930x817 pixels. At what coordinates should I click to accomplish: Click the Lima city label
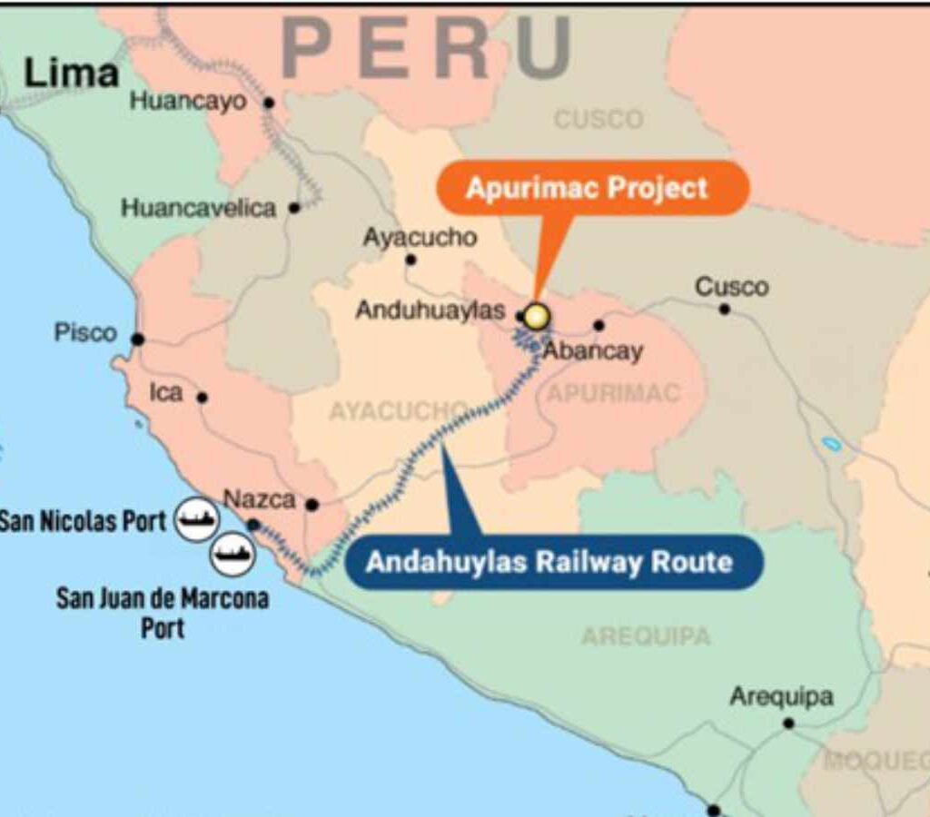pyautogui.click(x=71, y=74)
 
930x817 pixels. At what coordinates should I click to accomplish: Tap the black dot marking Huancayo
pyautogui.click(x=269, y=103)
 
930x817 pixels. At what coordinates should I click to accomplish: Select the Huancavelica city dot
pyautogui.click(x=294, y=208)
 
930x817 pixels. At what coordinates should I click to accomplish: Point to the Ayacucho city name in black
pyautogui.click(x=420, y=238)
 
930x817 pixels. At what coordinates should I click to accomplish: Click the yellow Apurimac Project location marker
pyautogui.click(x=537, y=316)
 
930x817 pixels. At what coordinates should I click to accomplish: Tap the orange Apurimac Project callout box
pyautogui.click(x=586, y=189)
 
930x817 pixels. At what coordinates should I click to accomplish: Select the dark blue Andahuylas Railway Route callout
pyautogui.click(x=549, y=562)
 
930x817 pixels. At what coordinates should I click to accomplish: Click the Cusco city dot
pyautogui.click(x=725, y=309)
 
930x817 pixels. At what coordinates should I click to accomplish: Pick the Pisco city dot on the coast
pyautogui.click(x=138, y=340)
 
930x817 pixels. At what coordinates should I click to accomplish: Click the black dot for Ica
pyautogui.click(x=203, y=398)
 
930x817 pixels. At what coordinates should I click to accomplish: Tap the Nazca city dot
pyautogui.click(x=312, y=505)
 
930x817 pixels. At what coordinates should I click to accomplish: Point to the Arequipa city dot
pyautogui.click(x=788, y=723)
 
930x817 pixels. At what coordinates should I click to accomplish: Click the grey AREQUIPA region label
pyautogui.click(x=646, y=636)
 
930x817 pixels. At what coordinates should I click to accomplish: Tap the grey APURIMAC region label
pyautogui.click(x=613, y=393)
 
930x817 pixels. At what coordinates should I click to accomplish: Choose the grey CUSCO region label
pyautogui.click(x=599, y=119)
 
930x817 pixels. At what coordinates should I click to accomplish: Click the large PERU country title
pyautogui.click(x=428, y=47)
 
